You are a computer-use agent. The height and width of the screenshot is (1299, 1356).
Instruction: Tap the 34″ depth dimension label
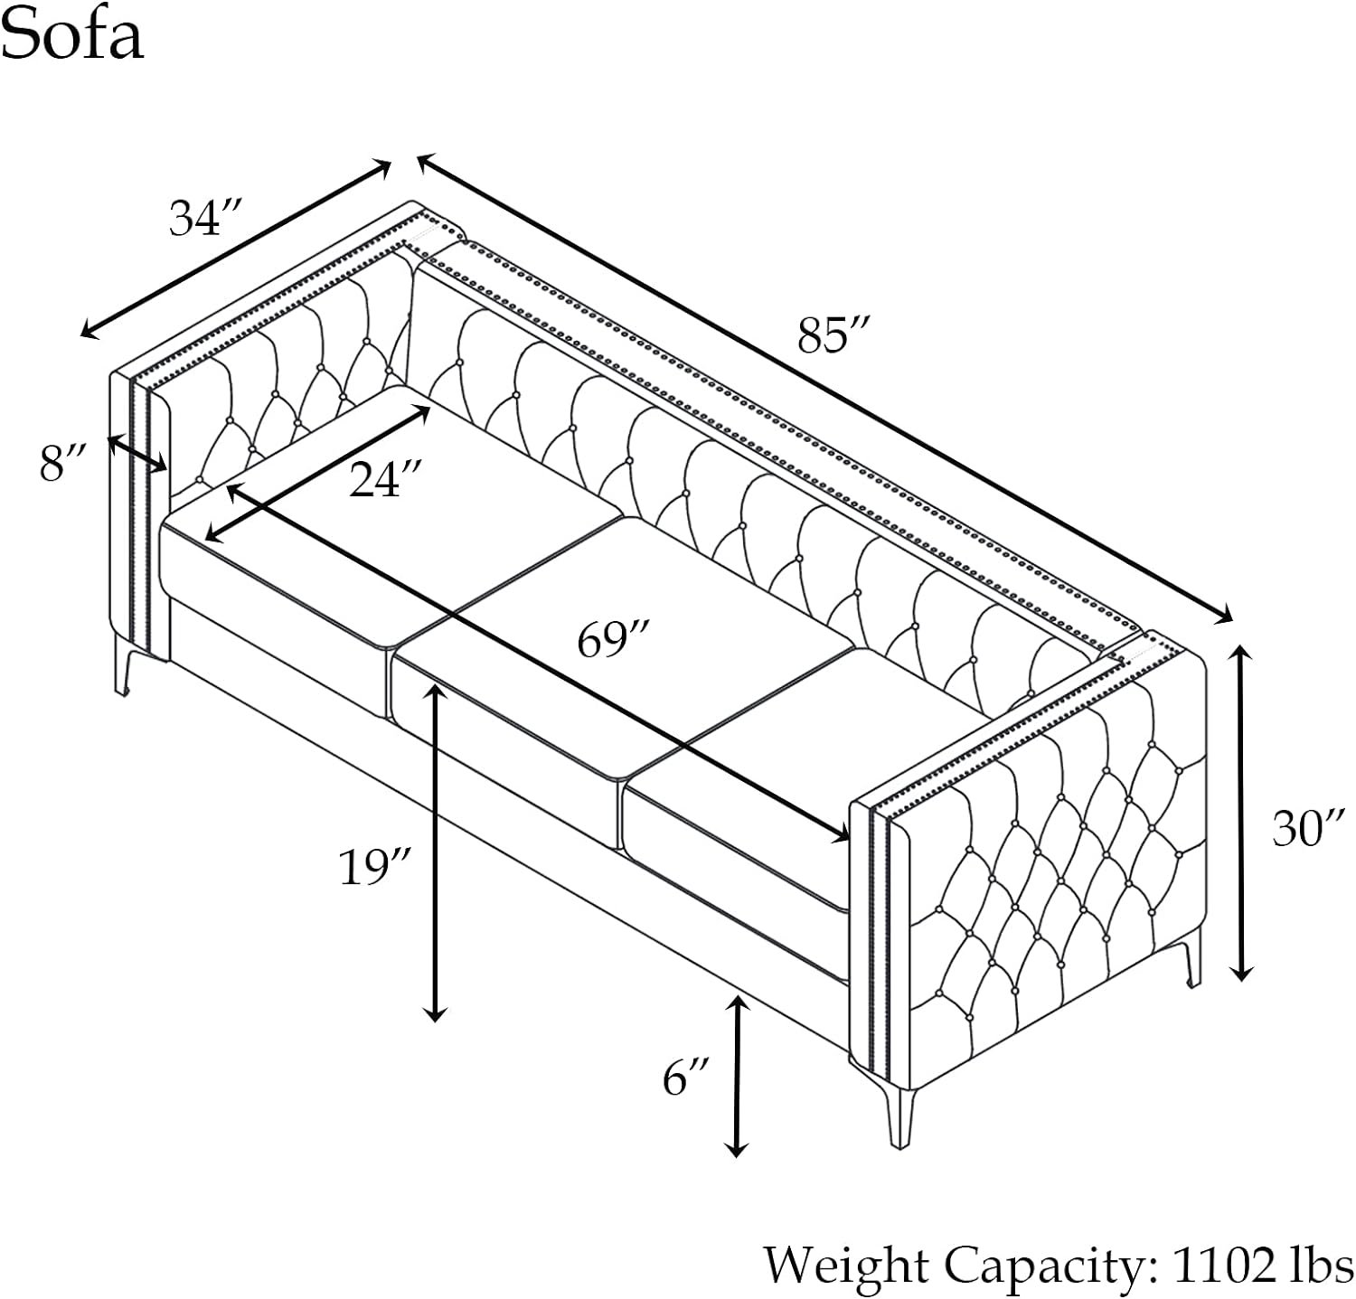(x=205, y=219)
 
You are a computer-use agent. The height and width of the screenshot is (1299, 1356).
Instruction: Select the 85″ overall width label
(x=833, y=336)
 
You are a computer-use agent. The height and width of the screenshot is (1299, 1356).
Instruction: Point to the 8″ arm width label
(x=62, y=466)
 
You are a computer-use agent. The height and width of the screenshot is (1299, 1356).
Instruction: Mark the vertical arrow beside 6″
(x=739, y=1076)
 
